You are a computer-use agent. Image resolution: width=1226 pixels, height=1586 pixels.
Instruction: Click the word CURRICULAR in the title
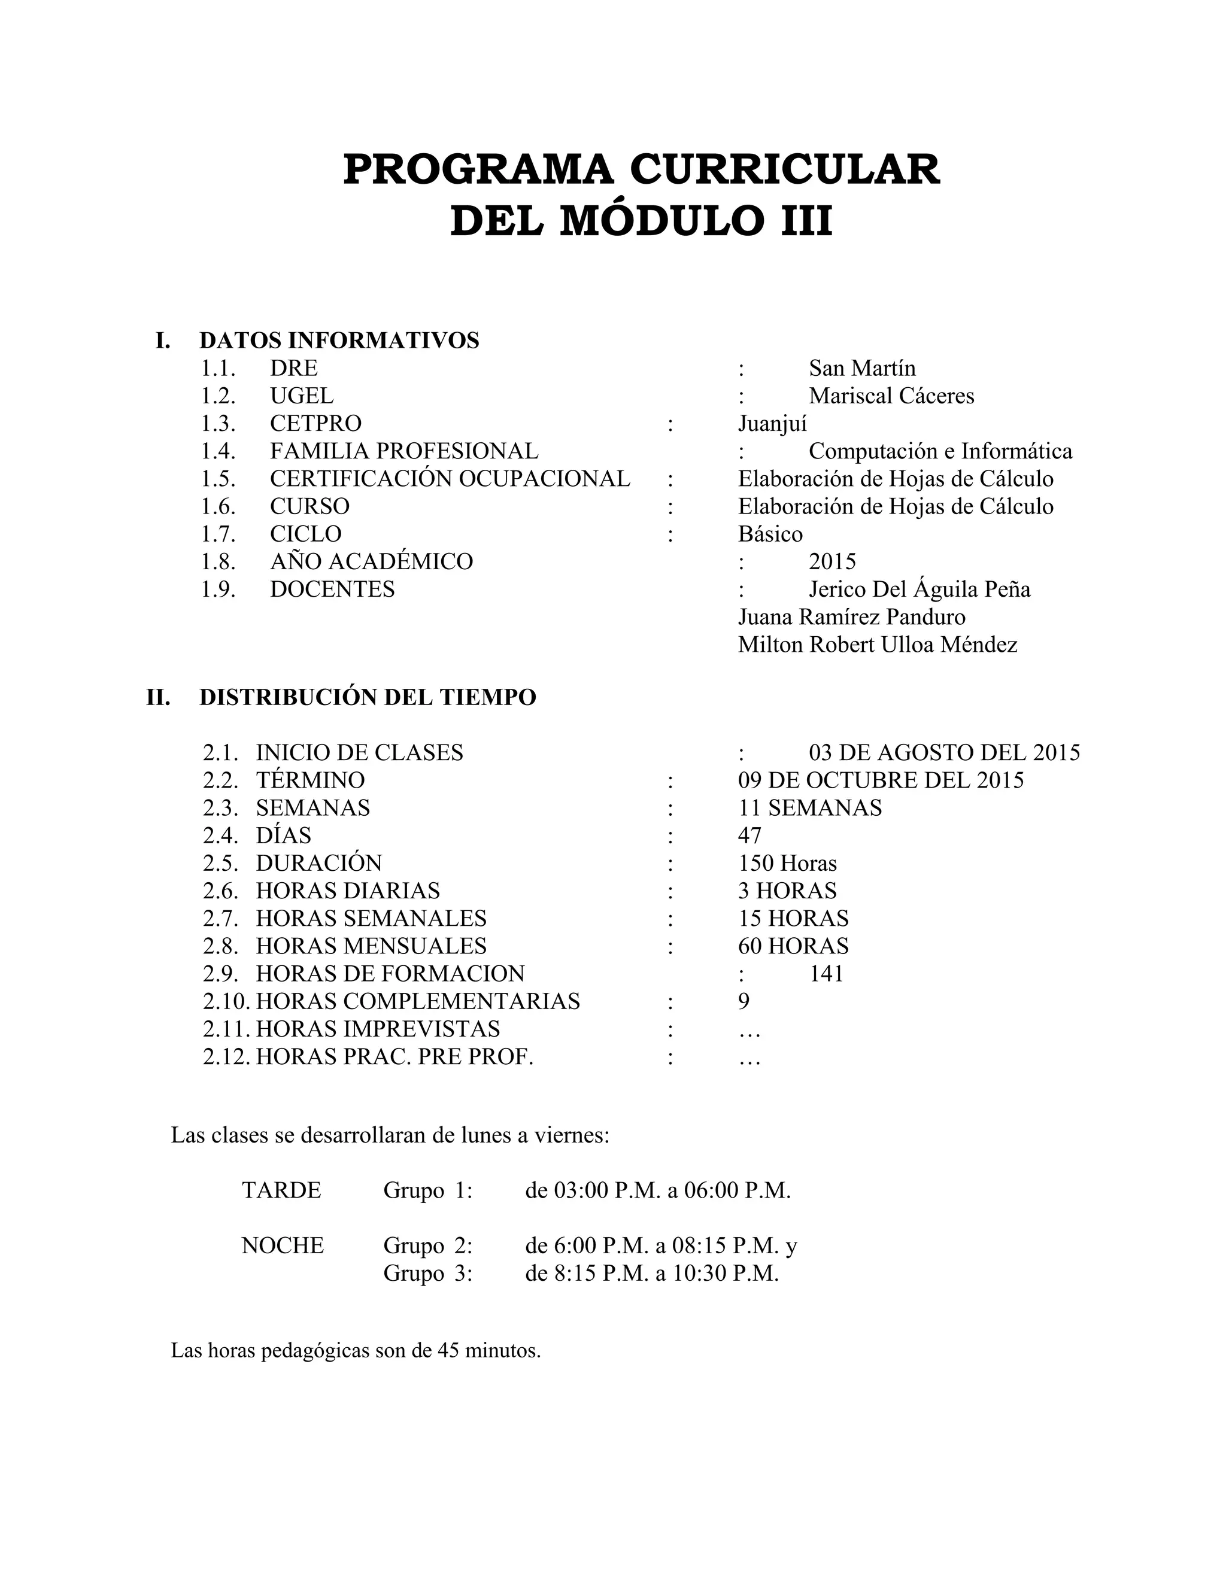784,169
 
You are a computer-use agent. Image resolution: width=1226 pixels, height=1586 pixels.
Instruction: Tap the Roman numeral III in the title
806,221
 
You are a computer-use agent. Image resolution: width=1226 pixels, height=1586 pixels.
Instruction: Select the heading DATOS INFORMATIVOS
339,340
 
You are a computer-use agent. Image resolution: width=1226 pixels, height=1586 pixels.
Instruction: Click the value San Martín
862,368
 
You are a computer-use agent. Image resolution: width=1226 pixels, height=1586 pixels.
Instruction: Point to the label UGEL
302,396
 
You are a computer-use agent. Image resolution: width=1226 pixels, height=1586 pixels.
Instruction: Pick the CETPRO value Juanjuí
772,423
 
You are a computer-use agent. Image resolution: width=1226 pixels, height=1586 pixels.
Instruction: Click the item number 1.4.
218,451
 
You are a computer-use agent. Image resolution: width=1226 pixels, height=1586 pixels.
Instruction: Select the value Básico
770,534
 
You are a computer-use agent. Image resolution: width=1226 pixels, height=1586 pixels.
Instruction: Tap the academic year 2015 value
832,561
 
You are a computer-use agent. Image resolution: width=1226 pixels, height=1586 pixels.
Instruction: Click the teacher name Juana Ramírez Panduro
851,616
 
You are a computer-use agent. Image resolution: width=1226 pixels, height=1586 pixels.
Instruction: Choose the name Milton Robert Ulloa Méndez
878,644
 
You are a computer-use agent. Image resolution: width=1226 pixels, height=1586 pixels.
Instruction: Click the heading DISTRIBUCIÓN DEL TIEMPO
368,697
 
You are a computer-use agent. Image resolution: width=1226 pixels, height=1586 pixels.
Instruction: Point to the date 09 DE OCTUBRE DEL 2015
880,780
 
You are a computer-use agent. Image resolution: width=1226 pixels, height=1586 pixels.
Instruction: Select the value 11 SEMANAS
810,807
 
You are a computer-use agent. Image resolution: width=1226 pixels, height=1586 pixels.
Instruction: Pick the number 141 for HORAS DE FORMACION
826,973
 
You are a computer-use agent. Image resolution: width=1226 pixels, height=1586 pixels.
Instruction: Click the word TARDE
281,1190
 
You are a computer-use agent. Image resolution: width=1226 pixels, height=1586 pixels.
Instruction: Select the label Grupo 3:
428,1273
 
